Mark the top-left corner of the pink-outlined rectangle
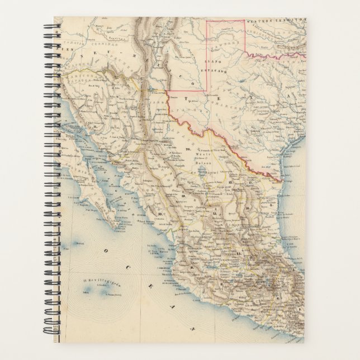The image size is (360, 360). [207, 21]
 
